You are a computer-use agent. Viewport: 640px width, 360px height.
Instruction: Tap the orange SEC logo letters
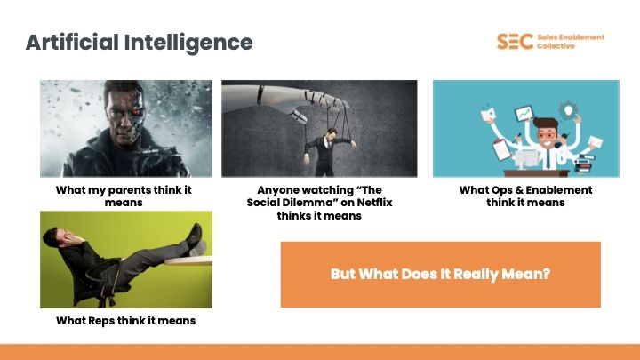coord(515,41)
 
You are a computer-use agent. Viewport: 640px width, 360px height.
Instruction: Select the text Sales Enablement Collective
coord(571,41)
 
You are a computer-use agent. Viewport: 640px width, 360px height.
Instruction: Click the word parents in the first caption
coord(120,190)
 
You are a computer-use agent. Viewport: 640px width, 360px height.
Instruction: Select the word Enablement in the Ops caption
coord(555,190)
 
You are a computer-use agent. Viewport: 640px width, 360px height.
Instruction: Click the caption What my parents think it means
coord(124,196)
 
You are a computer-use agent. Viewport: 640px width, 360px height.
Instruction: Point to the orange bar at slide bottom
coord(320,352)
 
